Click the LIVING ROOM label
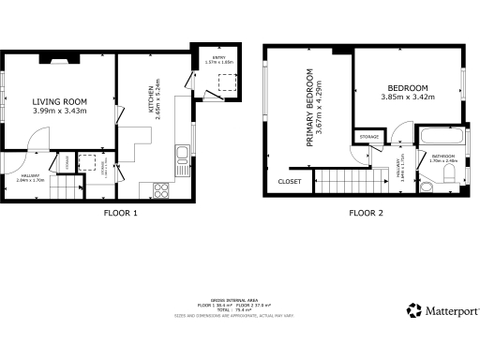point(60,101)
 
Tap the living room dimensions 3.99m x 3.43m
point(60,112)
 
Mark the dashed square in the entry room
point(226,82)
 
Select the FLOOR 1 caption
point(121,213)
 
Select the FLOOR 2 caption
point(367,213)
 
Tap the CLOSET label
point(289,182)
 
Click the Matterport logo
point(439,309)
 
